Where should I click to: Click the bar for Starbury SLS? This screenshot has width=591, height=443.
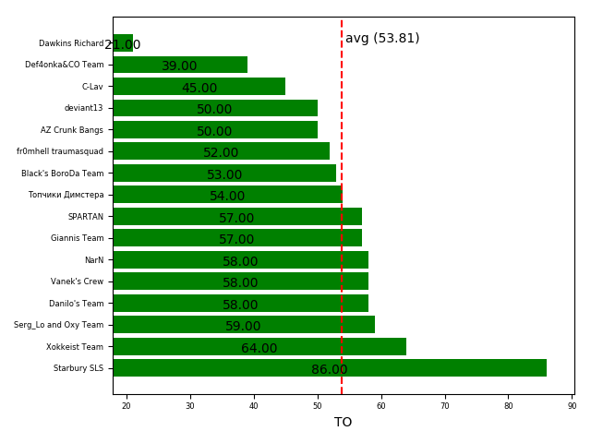330,368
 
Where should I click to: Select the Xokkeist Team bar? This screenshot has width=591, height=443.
259,347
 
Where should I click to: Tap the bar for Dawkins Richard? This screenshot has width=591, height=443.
123,43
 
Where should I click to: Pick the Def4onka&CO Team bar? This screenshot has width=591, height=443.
180,65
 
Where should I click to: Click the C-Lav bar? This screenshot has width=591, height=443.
199,87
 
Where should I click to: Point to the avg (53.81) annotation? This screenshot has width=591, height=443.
382,39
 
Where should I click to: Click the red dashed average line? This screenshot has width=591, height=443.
342,231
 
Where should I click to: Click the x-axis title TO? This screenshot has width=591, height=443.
343,423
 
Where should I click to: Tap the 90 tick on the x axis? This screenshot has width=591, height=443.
572,405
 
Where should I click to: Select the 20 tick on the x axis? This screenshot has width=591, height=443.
127,405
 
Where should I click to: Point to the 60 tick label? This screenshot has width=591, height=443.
380,405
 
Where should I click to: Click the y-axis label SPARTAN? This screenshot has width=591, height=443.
85,217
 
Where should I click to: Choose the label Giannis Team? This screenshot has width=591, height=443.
77,238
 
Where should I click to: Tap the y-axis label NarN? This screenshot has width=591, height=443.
94,260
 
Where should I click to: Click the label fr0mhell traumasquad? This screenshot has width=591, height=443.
60,151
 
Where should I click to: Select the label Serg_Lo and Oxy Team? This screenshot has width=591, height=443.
58,325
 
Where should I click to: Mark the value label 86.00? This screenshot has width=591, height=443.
330,370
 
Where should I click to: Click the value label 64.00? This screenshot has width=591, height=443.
259,349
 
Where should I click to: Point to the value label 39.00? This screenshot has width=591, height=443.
180,66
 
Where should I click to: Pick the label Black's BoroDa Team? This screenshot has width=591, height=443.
63,174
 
